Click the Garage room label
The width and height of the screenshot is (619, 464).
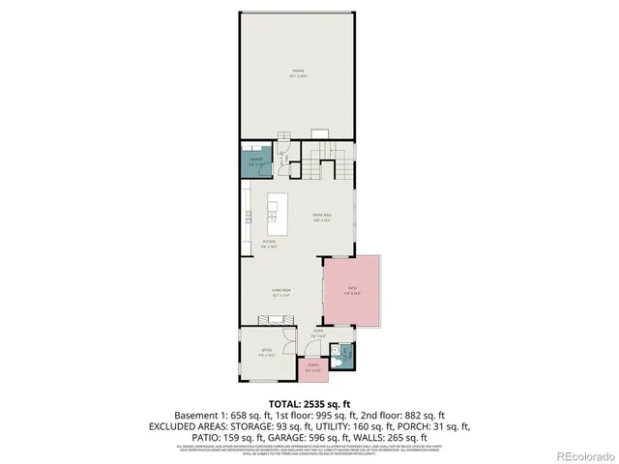click(299, 73)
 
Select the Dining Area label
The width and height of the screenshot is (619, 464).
click(321, 217)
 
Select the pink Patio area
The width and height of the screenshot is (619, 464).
click(350, 289)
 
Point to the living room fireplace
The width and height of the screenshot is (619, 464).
click(273, 320)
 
